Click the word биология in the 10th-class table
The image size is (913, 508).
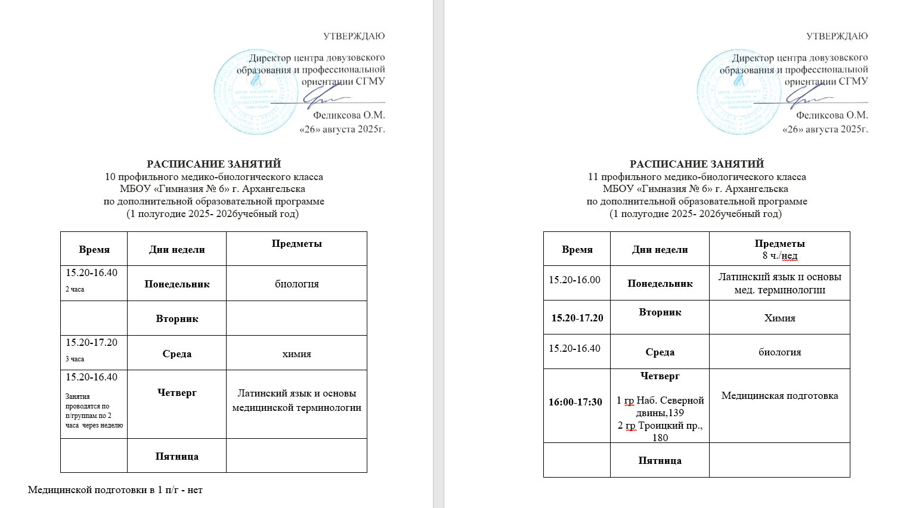[x=296, y=284]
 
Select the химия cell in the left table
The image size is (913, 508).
[x=296, y=354]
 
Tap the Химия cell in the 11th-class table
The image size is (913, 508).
[x=779, y=318]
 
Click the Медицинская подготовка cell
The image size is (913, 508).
[x=779, y=395]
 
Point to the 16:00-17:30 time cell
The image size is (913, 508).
[x=575, y=402]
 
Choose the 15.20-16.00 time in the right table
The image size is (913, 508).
[x=574, y=280]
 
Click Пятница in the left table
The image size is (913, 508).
[x=177, y=456]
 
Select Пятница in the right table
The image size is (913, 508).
[x=660, y=460]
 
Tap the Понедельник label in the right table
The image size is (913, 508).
[x=660, y=284]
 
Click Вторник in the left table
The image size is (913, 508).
[x=177, y=318]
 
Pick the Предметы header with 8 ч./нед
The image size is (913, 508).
[x=779, y=249]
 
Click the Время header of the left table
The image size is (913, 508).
[x=94, y=250]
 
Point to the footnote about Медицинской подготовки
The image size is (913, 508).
[x=115, y=490]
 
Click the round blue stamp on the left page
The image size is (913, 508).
[x=255, y=92]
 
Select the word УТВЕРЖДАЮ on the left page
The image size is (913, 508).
[x=354, y=36]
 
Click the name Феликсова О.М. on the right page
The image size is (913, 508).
[x=832, y=115]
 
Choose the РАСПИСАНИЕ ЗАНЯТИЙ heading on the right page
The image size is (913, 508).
[x=697, y=164]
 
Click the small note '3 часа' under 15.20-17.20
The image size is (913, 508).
[x=75, y=359]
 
